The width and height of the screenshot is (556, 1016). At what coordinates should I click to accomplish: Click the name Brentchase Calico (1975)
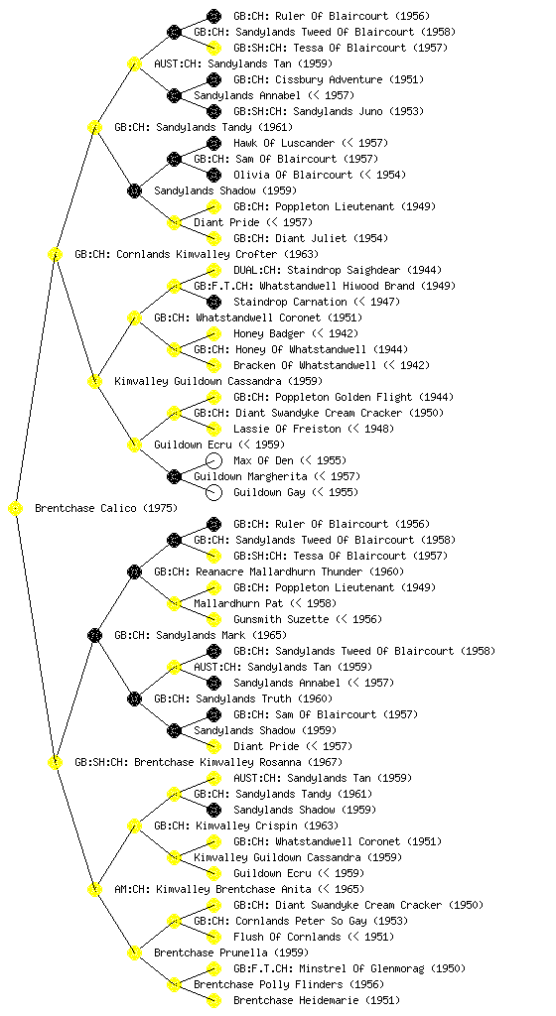pos(106,509)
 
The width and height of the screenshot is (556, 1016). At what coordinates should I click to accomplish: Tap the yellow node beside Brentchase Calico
pos(16,509)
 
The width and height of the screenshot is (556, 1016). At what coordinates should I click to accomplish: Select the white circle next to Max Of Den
pos(213,460)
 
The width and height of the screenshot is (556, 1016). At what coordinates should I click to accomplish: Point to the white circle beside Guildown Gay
pos(213,492)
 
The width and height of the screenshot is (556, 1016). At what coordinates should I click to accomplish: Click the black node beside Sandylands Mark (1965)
pos(94,635)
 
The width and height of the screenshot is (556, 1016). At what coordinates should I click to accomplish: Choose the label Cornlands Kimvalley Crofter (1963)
pos(217,255)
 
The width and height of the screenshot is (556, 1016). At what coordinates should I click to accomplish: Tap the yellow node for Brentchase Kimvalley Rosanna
pos(55,762)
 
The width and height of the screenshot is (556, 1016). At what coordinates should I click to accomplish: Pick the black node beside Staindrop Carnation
pos(213,302)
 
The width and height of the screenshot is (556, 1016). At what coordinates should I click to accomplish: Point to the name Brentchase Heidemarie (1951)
pos(317,1000)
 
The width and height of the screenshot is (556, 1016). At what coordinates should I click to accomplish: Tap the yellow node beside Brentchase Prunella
pos(134,952)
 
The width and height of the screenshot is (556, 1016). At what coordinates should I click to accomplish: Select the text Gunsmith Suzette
pos(281,619)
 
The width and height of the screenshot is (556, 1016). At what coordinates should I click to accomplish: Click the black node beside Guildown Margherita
pos(174,477)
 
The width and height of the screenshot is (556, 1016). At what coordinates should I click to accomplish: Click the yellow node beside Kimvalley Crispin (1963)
pos(134,825)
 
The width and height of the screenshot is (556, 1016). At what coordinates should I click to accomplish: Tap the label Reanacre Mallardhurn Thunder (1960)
pos(300,572)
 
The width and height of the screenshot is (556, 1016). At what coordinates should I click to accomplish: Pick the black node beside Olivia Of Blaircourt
pos(213,175)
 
